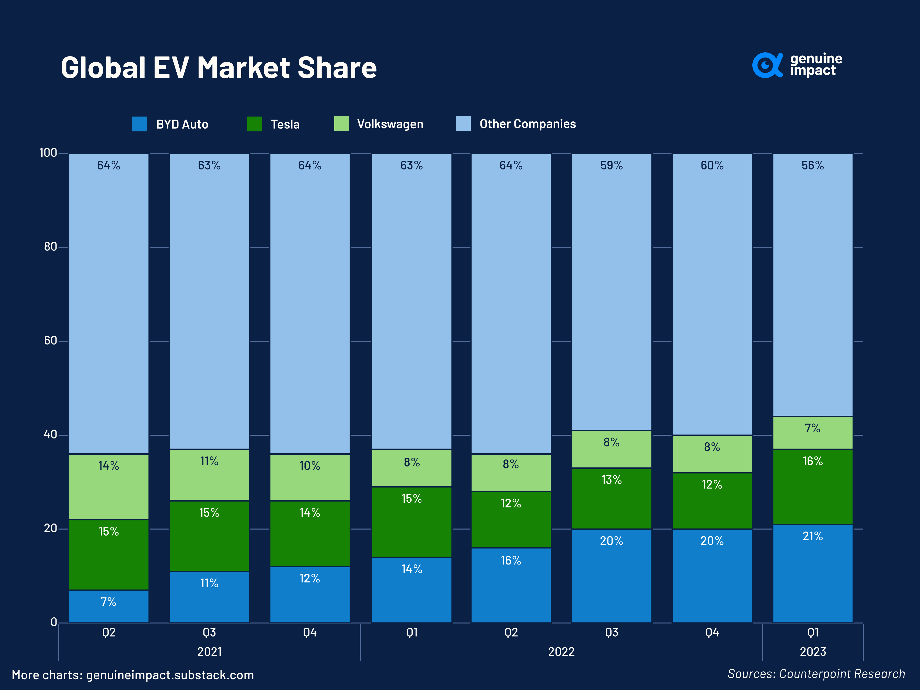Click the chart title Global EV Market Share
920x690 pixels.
tap(219, 67)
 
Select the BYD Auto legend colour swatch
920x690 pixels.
tap(139, 124)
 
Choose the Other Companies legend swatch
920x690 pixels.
tap(463, 123)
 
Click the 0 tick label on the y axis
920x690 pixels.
tap(54, 622)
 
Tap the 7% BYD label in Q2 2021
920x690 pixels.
tap(109, 602)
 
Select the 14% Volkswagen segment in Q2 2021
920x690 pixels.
tap(109, 487)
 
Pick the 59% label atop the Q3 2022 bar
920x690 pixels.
tap(611, 166)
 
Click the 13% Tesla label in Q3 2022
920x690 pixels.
tap(611, 480)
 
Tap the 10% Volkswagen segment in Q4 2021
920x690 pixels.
tap(310, 477)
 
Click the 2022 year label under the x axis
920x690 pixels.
tap(561, 652)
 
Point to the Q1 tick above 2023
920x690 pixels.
tap(813, 632)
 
